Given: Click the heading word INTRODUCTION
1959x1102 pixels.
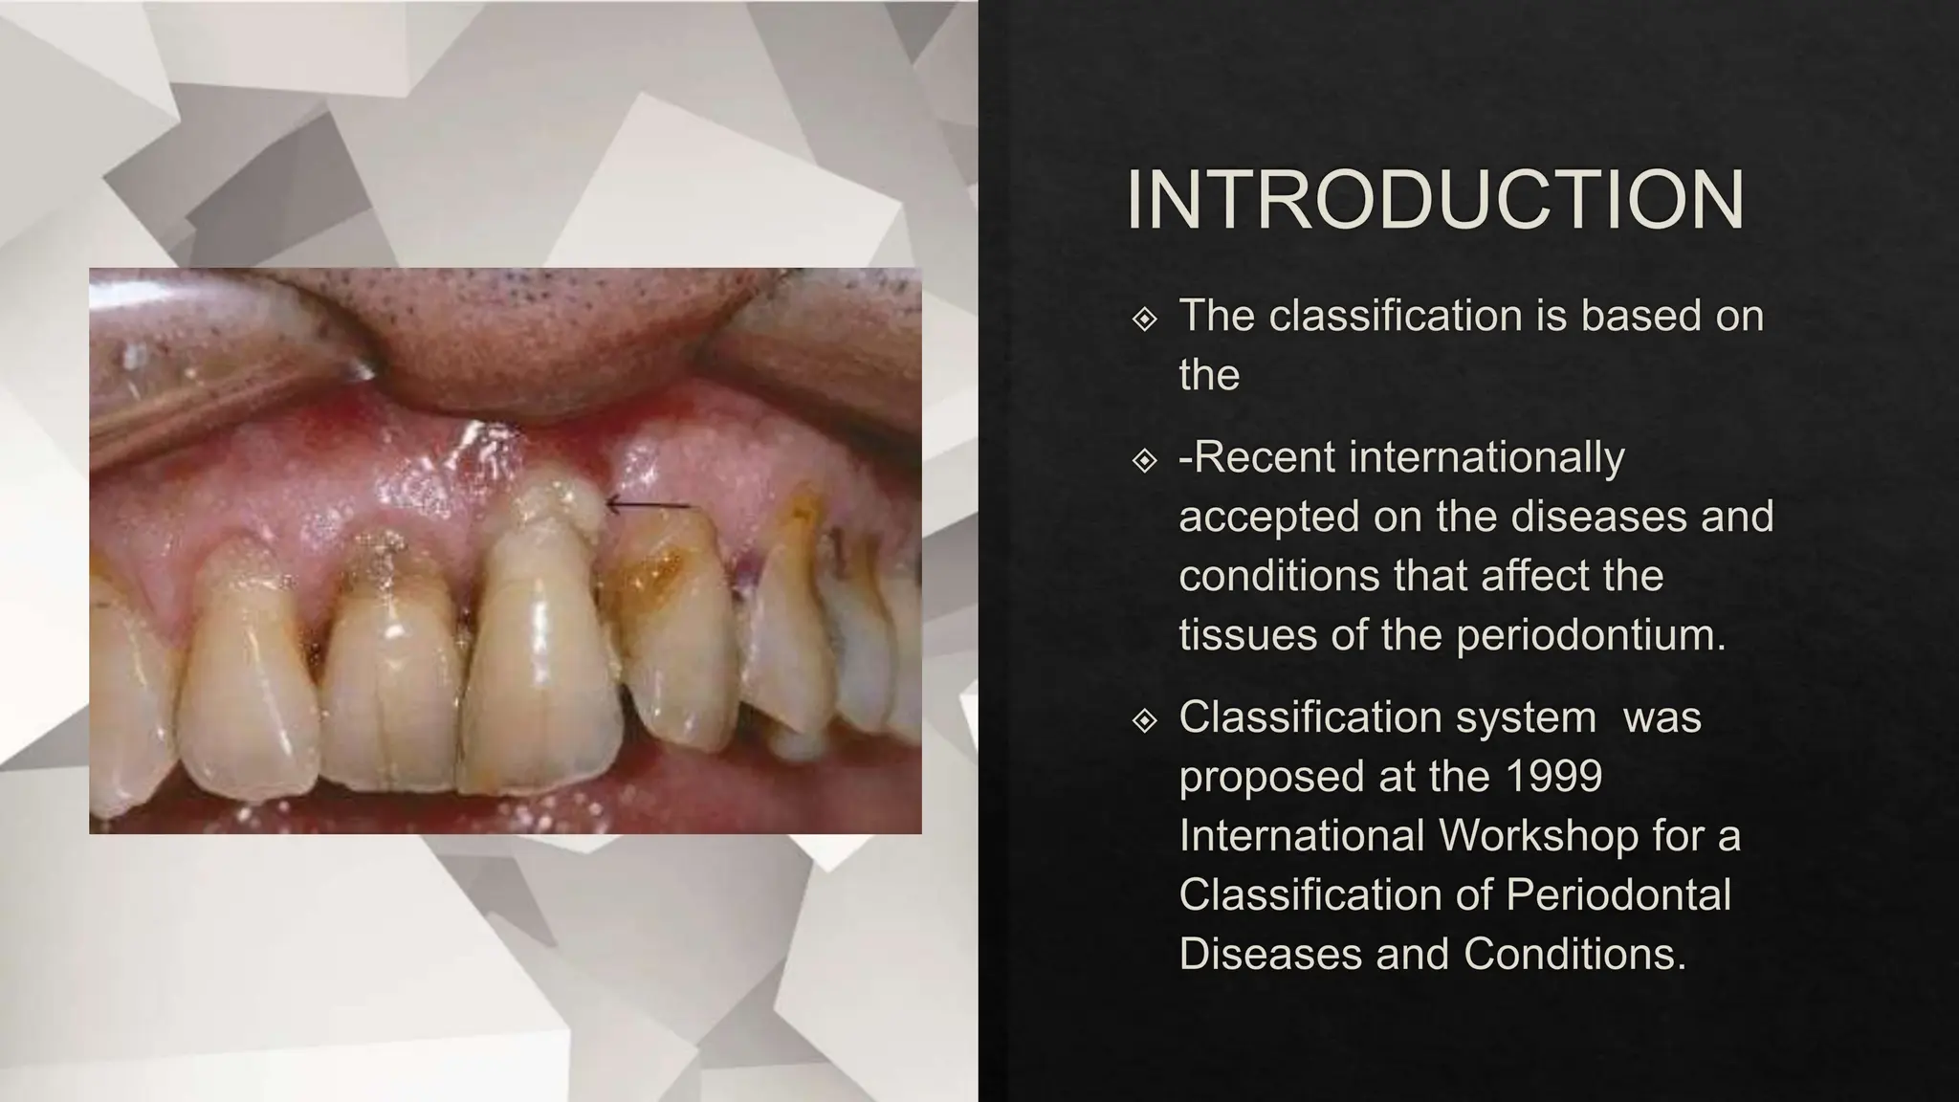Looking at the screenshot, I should coord(1435,201).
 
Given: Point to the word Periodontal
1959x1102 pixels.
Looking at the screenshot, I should coord(1618,894).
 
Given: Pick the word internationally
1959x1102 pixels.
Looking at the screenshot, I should coord(1486,457).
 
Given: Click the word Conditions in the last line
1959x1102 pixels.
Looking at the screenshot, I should coord(1575,954).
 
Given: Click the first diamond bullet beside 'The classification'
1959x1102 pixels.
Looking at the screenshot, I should coord(1144,319).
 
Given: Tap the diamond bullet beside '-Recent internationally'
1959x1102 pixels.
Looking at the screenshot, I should coord(1144,460).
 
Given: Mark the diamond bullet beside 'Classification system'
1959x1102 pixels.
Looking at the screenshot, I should coord(1144,719).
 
